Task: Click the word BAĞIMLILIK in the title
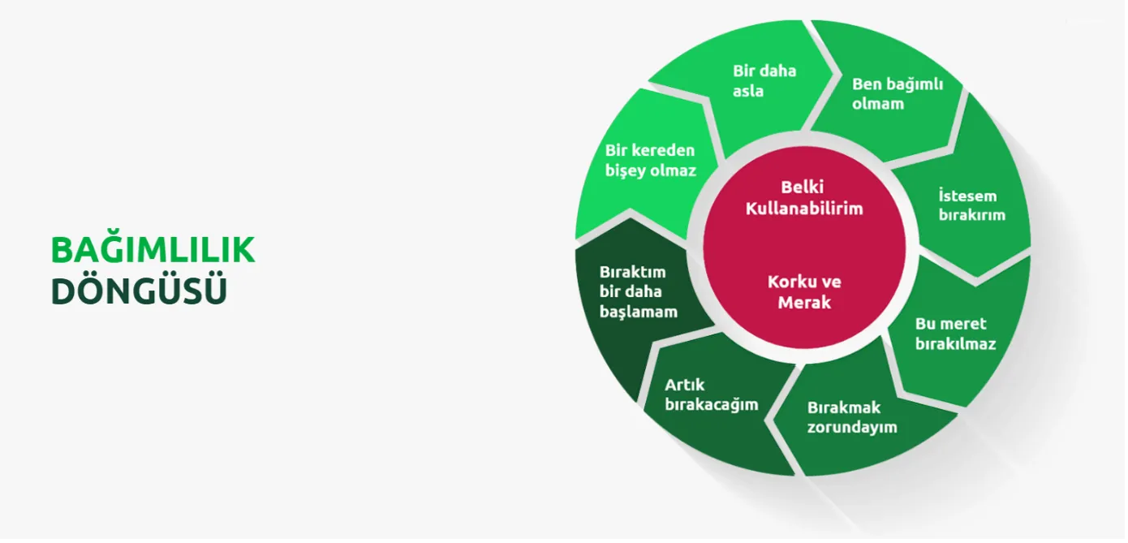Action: click(x=153, y=250)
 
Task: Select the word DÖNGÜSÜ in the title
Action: click(x=139, y=291)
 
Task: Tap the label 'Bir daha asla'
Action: click(x=764, y=80)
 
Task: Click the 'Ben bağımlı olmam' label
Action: click(x=898, y=93)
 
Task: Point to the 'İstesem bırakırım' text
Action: click(x=971, y=205)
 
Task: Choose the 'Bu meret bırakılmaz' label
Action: click(x=955, y=334)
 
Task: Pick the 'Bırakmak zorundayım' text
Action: click(x=852, y=417)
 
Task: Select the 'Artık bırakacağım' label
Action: click(x=712, y=394)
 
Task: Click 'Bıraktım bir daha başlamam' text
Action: click(x=639, y=291)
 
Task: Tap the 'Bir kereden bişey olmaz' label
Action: click(x=651, y=161)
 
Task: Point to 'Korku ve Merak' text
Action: click(x=804, y=292)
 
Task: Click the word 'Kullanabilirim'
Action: click(x=804, y=209)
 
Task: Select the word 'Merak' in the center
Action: click(x=804, y=303)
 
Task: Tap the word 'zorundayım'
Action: click(x=852, y=428)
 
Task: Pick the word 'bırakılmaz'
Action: click(x=955, y=344)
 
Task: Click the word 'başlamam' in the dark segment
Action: click(x=639, y=312)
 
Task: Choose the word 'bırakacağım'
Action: click(x=712, y=405)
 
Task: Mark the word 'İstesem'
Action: click(x=967, y=196)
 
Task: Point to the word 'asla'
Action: click(x=748, y=92)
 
